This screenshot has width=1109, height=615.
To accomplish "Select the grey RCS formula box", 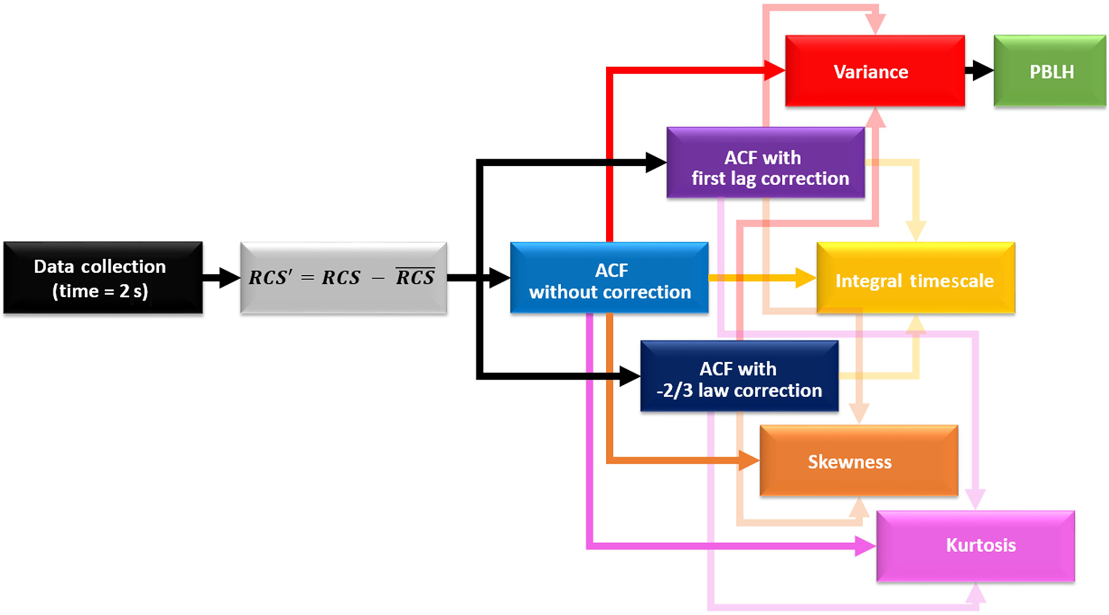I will click(343, 277).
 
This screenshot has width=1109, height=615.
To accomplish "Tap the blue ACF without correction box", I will click(609, 277).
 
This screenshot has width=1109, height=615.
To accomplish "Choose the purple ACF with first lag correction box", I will click(766, 163).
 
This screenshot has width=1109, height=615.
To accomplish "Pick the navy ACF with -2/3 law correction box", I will click(739, 376).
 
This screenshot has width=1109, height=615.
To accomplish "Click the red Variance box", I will click(875, 71).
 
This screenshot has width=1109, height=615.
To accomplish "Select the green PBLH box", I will click(1049, 71).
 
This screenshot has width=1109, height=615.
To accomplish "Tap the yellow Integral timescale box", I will click(915, 277).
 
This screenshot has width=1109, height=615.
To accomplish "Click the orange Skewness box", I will click(858, 460).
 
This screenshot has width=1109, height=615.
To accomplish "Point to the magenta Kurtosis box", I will click(975, 546).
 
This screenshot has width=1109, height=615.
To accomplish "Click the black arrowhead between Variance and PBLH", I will click(982, 70).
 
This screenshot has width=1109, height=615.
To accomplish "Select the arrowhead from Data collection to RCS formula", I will click(229, 277).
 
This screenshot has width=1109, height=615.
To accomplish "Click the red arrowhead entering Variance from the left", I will click(774, 70).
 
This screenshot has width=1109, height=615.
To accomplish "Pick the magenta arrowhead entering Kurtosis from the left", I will click(865, 546).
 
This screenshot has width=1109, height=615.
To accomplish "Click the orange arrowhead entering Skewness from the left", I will click(748, 460).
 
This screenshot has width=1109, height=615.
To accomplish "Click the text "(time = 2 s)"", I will click(100, 291).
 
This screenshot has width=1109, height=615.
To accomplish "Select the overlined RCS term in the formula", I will click(415, 277).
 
